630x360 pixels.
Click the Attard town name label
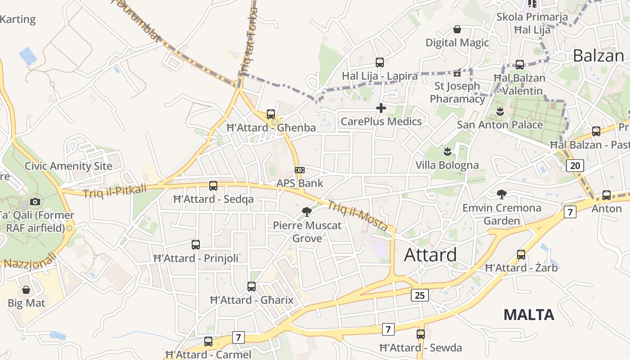[430, 255]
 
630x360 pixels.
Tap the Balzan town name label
[598, 56]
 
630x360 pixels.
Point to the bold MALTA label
[528, 314]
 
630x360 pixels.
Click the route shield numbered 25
[419, 295]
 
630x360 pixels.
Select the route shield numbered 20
[575, 165]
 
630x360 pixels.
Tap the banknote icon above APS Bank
[300, 170]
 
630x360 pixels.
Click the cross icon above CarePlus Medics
[381, 108]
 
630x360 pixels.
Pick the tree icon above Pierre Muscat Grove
[307, 211]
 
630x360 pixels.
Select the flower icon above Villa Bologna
[447, 151]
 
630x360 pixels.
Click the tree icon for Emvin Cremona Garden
[501, 194]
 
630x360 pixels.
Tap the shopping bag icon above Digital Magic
[457, 29]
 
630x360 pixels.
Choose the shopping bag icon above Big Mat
[26, 290]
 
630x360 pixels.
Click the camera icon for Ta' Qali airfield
[35, 202]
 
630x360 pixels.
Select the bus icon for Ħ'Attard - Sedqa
[213, 185]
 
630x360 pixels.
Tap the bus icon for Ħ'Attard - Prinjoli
[196, 245]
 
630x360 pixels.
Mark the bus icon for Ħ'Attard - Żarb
[521, 255]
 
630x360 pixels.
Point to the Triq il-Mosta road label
[357, 216]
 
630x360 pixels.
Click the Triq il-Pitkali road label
[115, 191]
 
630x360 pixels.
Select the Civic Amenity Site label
[68, 166]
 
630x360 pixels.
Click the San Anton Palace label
[500, 125]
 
